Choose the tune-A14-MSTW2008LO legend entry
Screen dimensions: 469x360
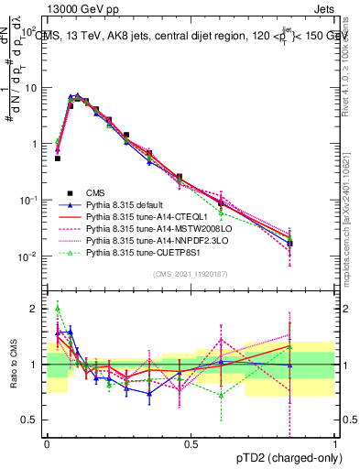(x=147, y=229)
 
